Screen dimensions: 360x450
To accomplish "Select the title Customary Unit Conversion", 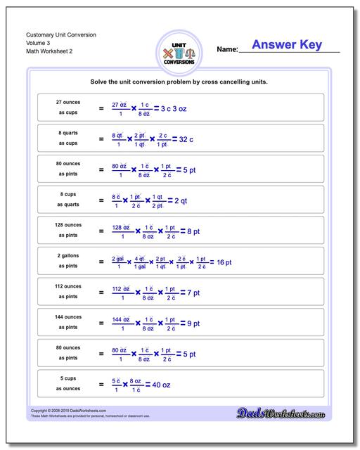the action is click(61, 34).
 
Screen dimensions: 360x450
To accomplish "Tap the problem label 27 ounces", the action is click(68, 103).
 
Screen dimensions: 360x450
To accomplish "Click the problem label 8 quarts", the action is click(68, 133).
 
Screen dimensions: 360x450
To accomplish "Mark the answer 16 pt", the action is click(224, 262).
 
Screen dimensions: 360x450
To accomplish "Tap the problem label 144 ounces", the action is click(68, 317).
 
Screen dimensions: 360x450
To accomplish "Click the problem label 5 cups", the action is click(68, 378).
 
